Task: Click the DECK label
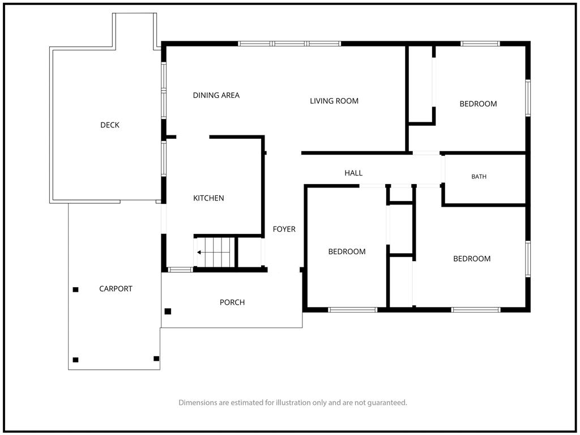pyautogui.click(x=110, y=125)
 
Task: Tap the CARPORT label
pyautogui.click(x=116, y=289)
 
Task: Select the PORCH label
pyautogui.click(x=232, y=302)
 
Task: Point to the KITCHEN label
pyautogui.click(x=208, y=198)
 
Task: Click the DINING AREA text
pyautogui.click(x=216, y=95)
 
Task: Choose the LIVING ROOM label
pyautogui.click(x=334, y=101)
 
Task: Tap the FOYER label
pyautogui.click(x=284, y=229)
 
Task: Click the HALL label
pyautogui.click(x=353, y=173)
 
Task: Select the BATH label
pyautogui.click(x=479, y=177)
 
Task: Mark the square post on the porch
pyautogui.click(x=168, y=312)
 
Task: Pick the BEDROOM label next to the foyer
pyautogui.click(x=347, y=252)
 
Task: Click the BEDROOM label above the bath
pyautogui.click(x=478, y=104)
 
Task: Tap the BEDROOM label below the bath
pyautogui.click(x=472, y=259)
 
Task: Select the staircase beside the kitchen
pyautogui.click(x=215, y=252)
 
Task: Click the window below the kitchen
pyautogui.click(x=180, y=270)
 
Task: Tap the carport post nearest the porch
pyautogui.click(x=156, y=359)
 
